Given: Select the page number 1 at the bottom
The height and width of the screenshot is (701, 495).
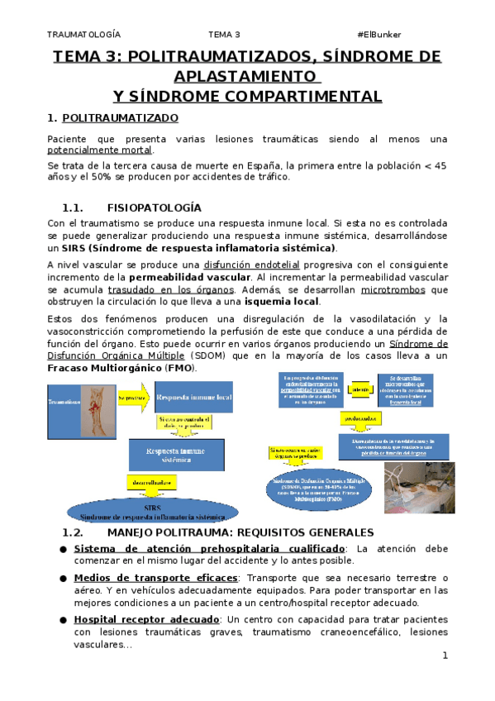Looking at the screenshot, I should pos(444,656).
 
